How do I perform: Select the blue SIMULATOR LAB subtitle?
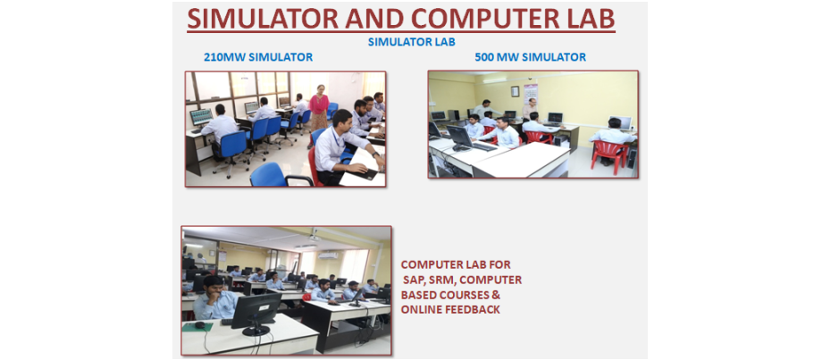coord(411,42)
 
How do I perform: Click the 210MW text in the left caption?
coord(225,57)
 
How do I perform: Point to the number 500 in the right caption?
coord(485,57)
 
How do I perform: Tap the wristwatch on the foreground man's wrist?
coord(374,155)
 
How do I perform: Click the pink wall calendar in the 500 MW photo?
coord(531,93)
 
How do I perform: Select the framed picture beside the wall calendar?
coord(515,91)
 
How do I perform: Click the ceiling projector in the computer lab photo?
coord(314,238)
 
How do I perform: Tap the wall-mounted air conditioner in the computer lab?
coord(328,255)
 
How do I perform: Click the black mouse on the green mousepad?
coord(200,325)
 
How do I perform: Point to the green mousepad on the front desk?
coord(197,326)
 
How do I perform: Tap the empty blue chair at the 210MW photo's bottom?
coord(273,176)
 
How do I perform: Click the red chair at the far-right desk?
coord(609,156)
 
